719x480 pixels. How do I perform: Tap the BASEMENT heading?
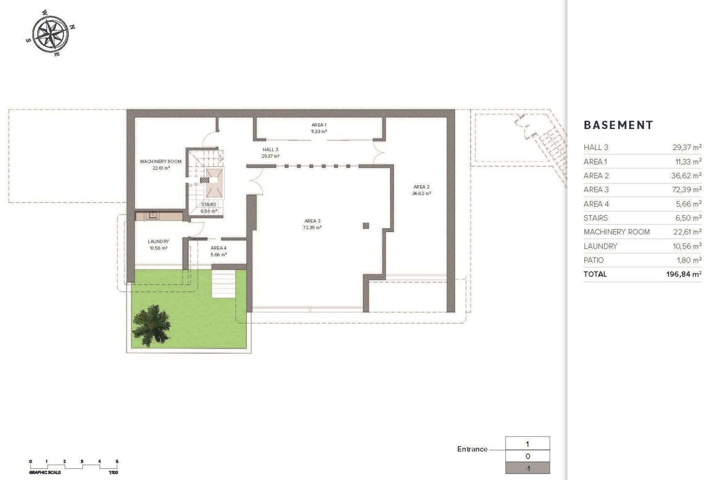click(x=618, y=125)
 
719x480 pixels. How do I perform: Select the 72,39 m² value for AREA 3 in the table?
click(x=686, y=190)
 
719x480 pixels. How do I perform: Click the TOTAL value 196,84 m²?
click(x=683, y=274)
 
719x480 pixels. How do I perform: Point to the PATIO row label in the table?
click(x=594, y=260)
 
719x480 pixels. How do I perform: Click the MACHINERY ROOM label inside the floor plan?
click(x=161, y=162)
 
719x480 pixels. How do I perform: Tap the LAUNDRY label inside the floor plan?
click(x=158, y=241)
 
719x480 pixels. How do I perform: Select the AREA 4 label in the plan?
click(x=218, y=248)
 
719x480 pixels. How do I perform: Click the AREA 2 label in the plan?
click(x=421, y=187)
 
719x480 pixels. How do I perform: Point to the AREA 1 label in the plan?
click(x=319, y=125)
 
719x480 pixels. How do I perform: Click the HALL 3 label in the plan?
click(x=270, y=150)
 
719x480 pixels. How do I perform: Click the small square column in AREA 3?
click(x=366, y=226)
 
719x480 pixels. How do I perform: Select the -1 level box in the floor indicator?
click(x=527, y=468)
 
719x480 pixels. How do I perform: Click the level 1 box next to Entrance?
click(x=527, y=444)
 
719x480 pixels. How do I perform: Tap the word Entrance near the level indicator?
click(x=472, y=449)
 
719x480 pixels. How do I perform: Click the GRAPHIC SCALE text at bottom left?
click(x=45, y=472)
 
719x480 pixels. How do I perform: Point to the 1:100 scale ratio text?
click(x=113, y=472)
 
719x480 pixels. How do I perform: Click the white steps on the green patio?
click(x=224, y=284)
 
